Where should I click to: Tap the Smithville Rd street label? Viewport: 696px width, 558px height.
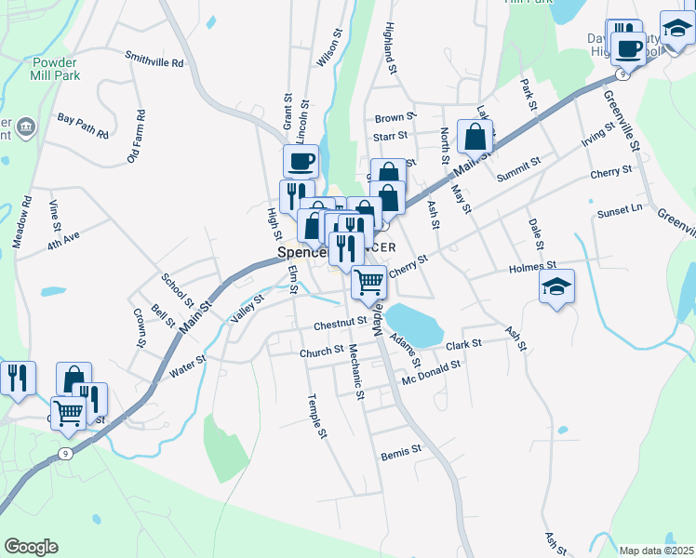tap(154, 59)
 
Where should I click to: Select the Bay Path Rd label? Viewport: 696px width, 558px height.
tap(83, 126)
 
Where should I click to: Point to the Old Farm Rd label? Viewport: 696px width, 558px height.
tap(138, 138)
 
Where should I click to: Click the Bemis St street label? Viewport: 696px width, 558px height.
tap(401, 452)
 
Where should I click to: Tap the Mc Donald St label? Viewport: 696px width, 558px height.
tap(432, 373)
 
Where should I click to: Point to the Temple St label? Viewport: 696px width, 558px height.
tap(317, 416)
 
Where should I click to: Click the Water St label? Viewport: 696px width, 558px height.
tap(187, 365)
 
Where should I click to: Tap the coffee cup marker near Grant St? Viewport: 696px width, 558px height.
tap(301, 161)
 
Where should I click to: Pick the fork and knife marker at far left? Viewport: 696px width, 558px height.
tap(17, 378)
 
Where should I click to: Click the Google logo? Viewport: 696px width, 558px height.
tap(31, 547)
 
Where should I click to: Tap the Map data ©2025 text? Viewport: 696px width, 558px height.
tap(656, 551)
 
